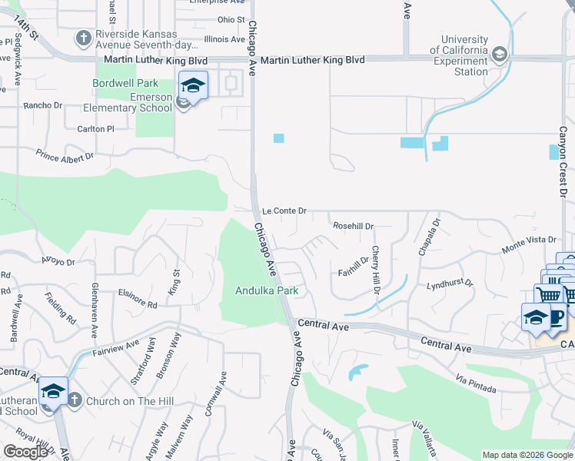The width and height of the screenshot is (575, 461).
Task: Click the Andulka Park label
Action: point(266,290)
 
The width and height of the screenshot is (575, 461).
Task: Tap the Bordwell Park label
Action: point(125,83)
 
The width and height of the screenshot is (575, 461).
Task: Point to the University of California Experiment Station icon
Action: point(500,54)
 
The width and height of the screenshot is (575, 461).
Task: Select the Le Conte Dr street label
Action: point(284,211)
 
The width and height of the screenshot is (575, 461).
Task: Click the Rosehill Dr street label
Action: point(353,227)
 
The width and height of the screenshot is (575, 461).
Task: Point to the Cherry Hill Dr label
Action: point(376,270)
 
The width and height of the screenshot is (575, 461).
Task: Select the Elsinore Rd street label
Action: point(138,298)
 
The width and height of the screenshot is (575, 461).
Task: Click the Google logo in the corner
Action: point(25,452)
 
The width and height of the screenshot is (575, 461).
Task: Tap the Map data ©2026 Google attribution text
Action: point(527,455)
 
